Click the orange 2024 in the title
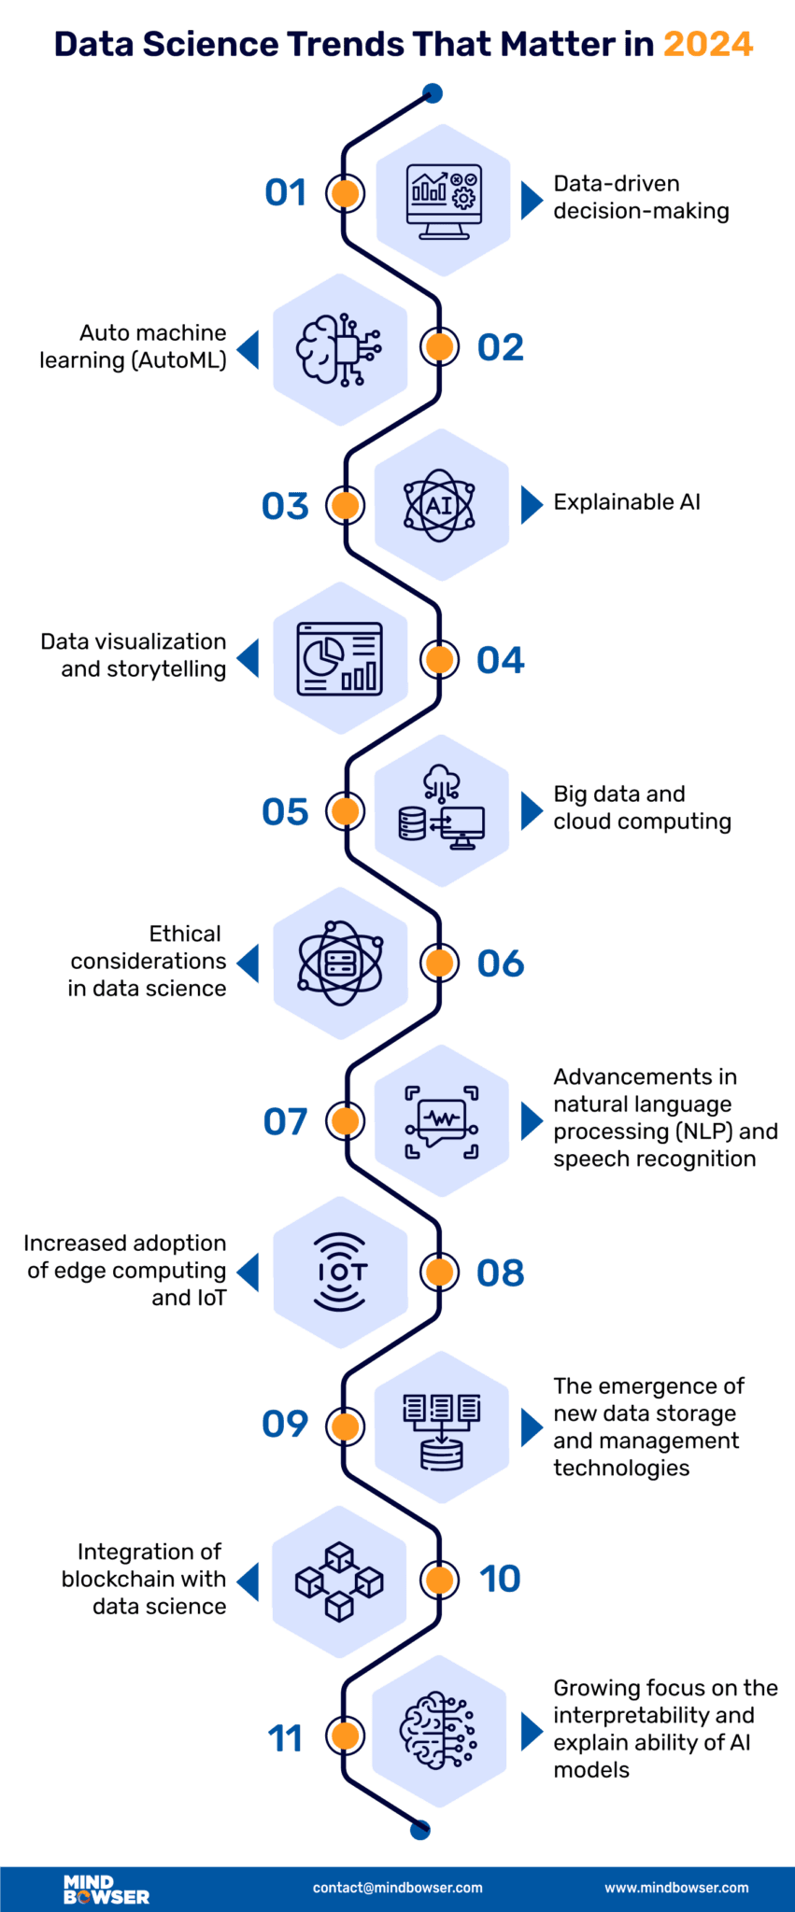[x=707, y=45]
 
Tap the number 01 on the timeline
[x=286, y=192]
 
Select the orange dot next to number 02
[x=438, y=347]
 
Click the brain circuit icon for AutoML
[x=339, y=349]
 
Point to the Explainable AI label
[x=626, y=502]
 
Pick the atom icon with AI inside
[x=439, y=505]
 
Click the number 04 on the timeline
[x=501, y=660]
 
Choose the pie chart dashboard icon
[x=339, y=658]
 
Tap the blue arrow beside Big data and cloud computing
[x=532, y=810]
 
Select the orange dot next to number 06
[x=438, y=963]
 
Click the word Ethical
[x=185, y=934]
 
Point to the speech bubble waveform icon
[x=441, y=1121]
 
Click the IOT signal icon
[x=340, y=1272]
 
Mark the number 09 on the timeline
[x=285, y=1425]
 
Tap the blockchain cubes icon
[x=339, y=1581]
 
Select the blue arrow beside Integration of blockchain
[x=248, y=1582]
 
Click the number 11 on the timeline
[x=285, y=1738]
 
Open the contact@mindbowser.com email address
[x=397, y=1887]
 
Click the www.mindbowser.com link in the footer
[x=676, y=1887]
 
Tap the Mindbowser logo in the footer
[x=106, y=1889]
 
